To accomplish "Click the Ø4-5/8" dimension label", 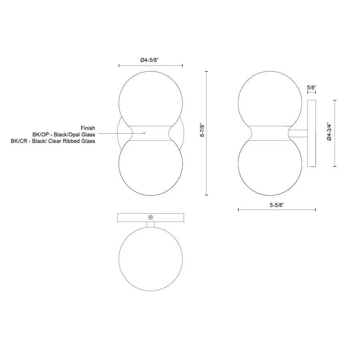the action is tap(150, 60).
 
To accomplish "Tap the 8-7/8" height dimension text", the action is tap(202, 130).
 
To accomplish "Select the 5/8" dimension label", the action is tap(312, 88).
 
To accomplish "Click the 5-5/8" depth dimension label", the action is tap(277, 205).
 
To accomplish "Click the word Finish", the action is tap(88, 128).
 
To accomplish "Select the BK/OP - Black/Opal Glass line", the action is tap(64, 134).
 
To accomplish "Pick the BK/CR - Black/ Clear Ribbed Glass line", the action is tap(53, 141).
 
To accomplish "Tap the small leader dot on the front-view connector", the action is tap(144, 133).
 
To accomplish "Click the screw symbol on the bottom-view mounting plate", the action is tap(151, 217).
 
